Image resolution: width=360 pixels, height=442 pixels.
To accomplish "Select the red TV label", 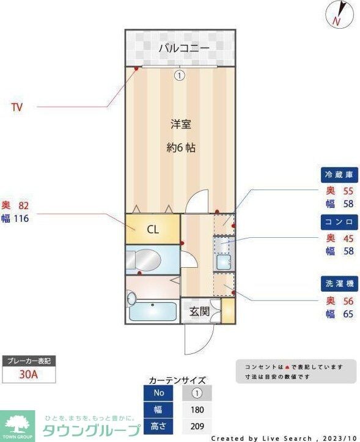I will point(17,108).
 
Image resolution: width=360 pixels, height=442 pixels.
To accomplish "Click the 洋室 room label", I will point(180,125).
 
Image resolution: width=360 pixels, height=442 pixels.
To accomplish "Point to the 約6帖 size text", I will point(181,147).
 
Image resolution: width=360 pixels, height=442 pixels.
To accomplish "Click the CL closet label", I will point(153,230).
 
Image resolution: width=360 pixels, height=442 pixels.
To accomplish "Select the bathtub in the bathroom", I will point(153,311).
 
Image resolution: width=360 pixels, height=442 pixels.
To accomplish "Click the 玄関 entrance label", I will point(199,311).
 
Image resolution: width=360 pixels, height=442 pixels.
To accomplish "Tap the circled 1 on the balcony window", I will point(179,76).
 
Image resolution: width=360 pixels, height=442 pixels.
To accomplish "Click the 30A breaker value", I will point(28,374).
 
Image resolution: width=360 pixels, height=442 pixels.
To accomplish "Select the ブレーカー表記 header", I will point(28,361).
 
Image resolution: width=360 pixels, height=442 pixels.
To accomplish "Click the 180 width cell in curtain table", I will point(197,410).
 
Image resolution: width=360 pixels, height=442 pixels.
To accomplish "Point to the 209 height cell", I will point(197,427).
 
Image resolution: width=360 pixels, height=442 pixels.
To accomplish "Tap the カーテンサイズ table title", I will point(177,380).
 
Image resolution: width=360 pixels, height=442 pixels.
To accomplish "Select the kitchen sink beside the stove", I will point(223,263).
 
